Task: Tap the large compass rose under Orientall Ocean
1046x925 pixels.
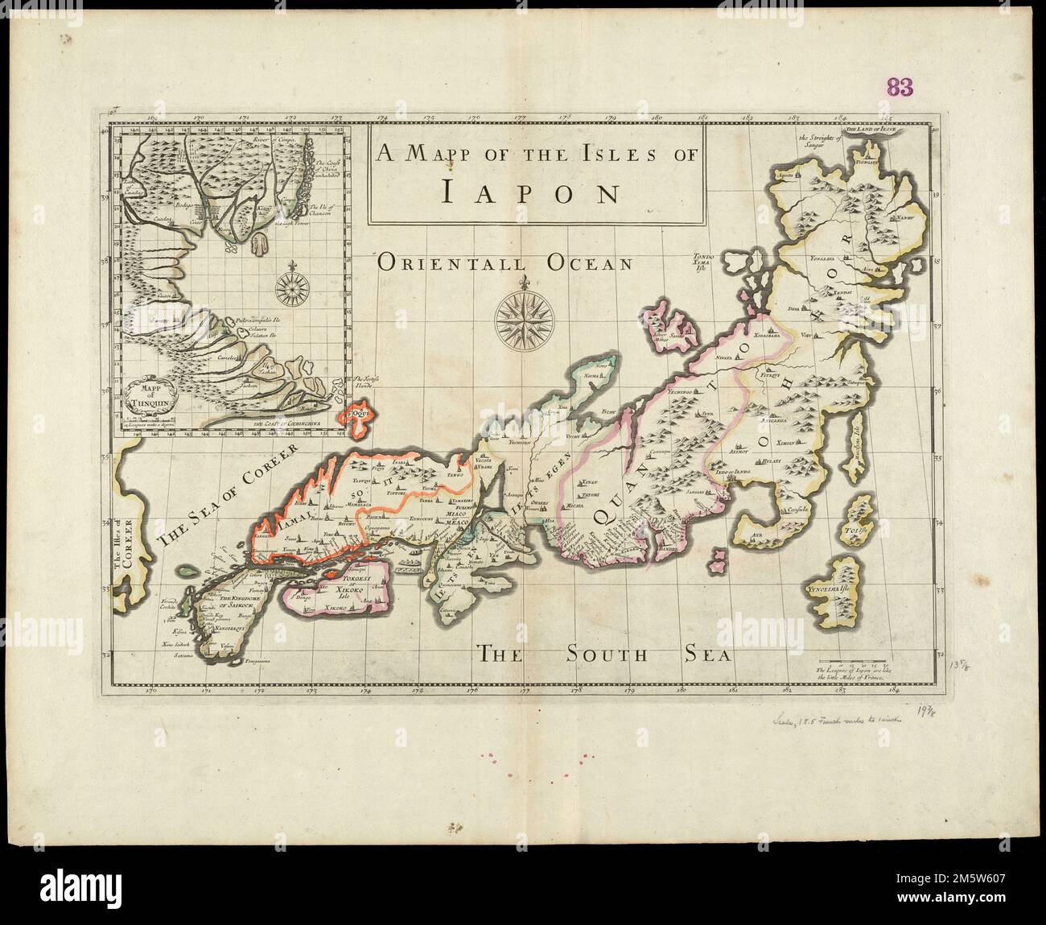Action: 524,317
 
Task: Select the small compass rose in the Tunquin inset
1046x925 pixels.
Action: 298,284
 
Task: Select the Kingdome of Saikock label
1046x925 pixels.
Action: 235,600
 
